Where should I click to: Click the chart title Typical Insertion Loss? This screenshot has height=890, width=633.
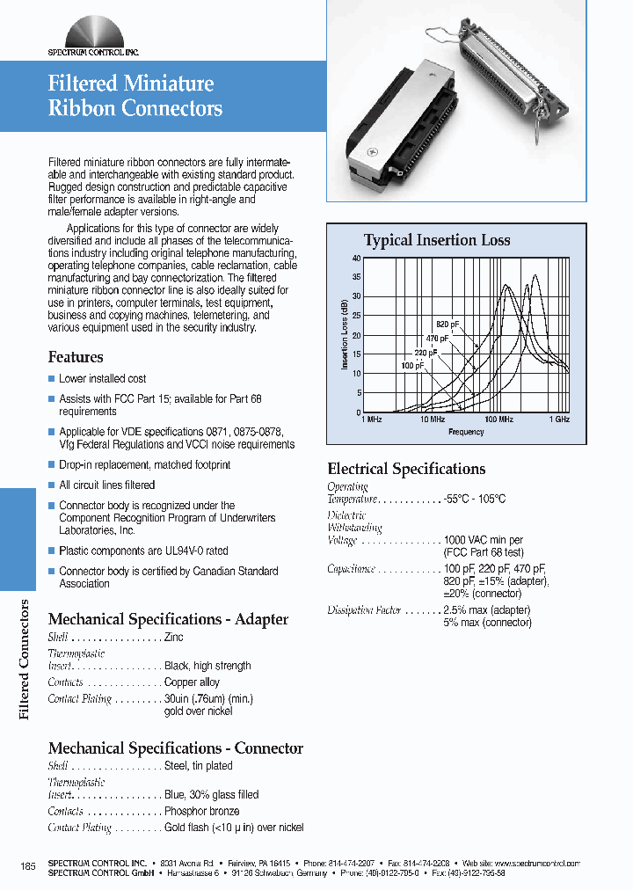(x=436, y=240)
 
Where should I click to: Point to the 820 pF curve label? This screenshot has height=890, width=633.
(x=448, y=325)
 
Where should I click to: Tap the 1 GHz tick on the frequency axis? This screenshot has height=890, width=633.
(x=560, y=420)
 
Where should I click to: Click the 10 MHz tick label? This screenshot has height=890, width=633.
(x=432, y=420)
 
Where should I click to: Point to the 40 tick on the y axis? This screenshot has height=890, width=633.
(x=356, y=259)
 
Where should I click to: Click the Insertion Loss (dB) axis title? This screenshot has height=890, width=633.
(x=344, y=335)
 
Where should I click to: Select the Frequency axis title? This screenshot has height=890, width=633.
(x=466, y=432)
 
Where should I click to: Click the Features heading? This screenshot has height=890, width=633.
(x=76, y=357)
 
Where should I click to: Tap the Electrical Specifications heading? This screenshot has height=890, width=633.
(x=406, y=469)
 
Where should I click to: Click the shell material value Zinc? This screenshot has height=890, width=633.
(x=174, y=637)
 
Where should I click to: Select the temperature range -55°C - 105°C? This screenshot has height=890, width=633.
(x=475, y=499)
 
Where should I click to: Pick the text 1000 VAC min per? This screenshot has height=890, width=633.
(x=484, y=540)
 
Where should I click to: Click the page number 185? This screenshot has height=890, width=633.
(x=27, y=867)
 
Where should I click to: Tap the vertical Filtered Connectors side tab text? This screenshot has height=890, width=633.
(x=25, y=659)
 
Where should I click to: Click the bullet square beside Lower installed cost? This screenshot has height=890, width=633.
(x=52, y=379)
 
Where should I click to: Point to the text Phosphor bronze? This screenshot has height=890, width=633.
(x=201, y=811)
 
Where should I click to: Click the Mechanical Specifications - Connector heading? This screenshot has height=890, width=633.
(x=175, y=748)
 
